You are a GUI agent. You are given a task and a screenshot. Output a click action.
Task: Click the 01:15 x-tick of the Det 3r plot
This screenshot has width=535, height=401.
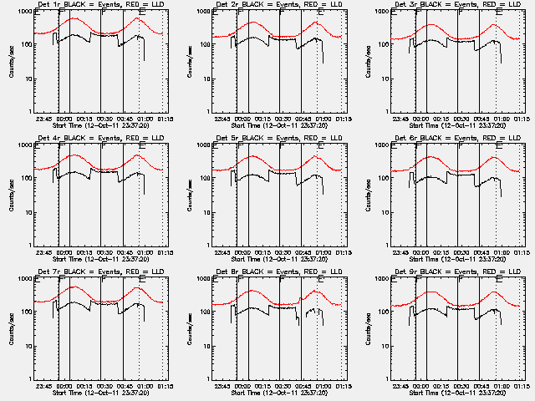pos(525,119)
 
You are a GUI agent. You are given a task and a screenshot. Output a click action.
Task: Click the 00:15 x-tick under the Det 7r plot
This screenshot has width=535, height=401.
pos(84,386)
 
